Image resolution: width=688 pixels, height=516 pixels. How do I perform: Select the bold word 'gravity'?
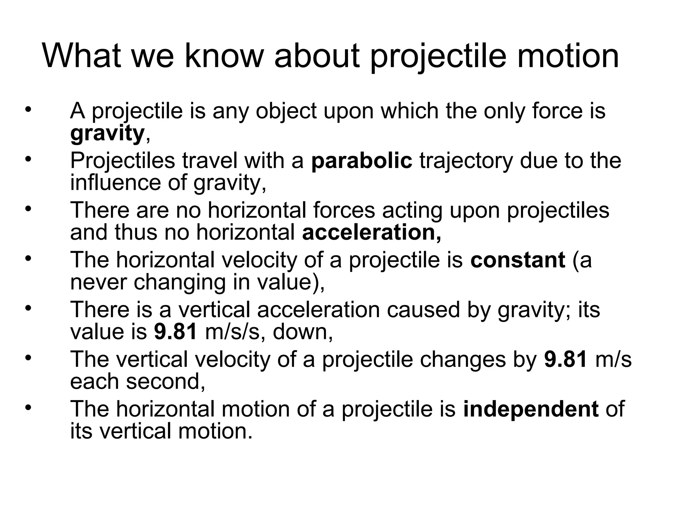tap(107, 134)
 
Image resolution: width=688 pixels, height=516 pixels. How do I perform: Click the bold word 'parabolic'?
tap(361, 161)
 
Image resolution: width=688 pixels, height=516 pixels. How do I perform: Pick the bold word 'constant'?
tap(518, 260)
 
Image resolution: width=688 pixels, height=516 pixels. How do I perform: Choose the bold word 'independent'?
tap(531, 409)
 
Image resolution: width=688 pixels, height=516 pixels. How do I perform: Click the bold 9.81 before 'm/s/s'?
tap(175, 332)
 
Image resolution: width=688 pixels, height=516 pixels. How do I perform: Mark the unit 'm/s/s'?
tap(232, 332)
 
